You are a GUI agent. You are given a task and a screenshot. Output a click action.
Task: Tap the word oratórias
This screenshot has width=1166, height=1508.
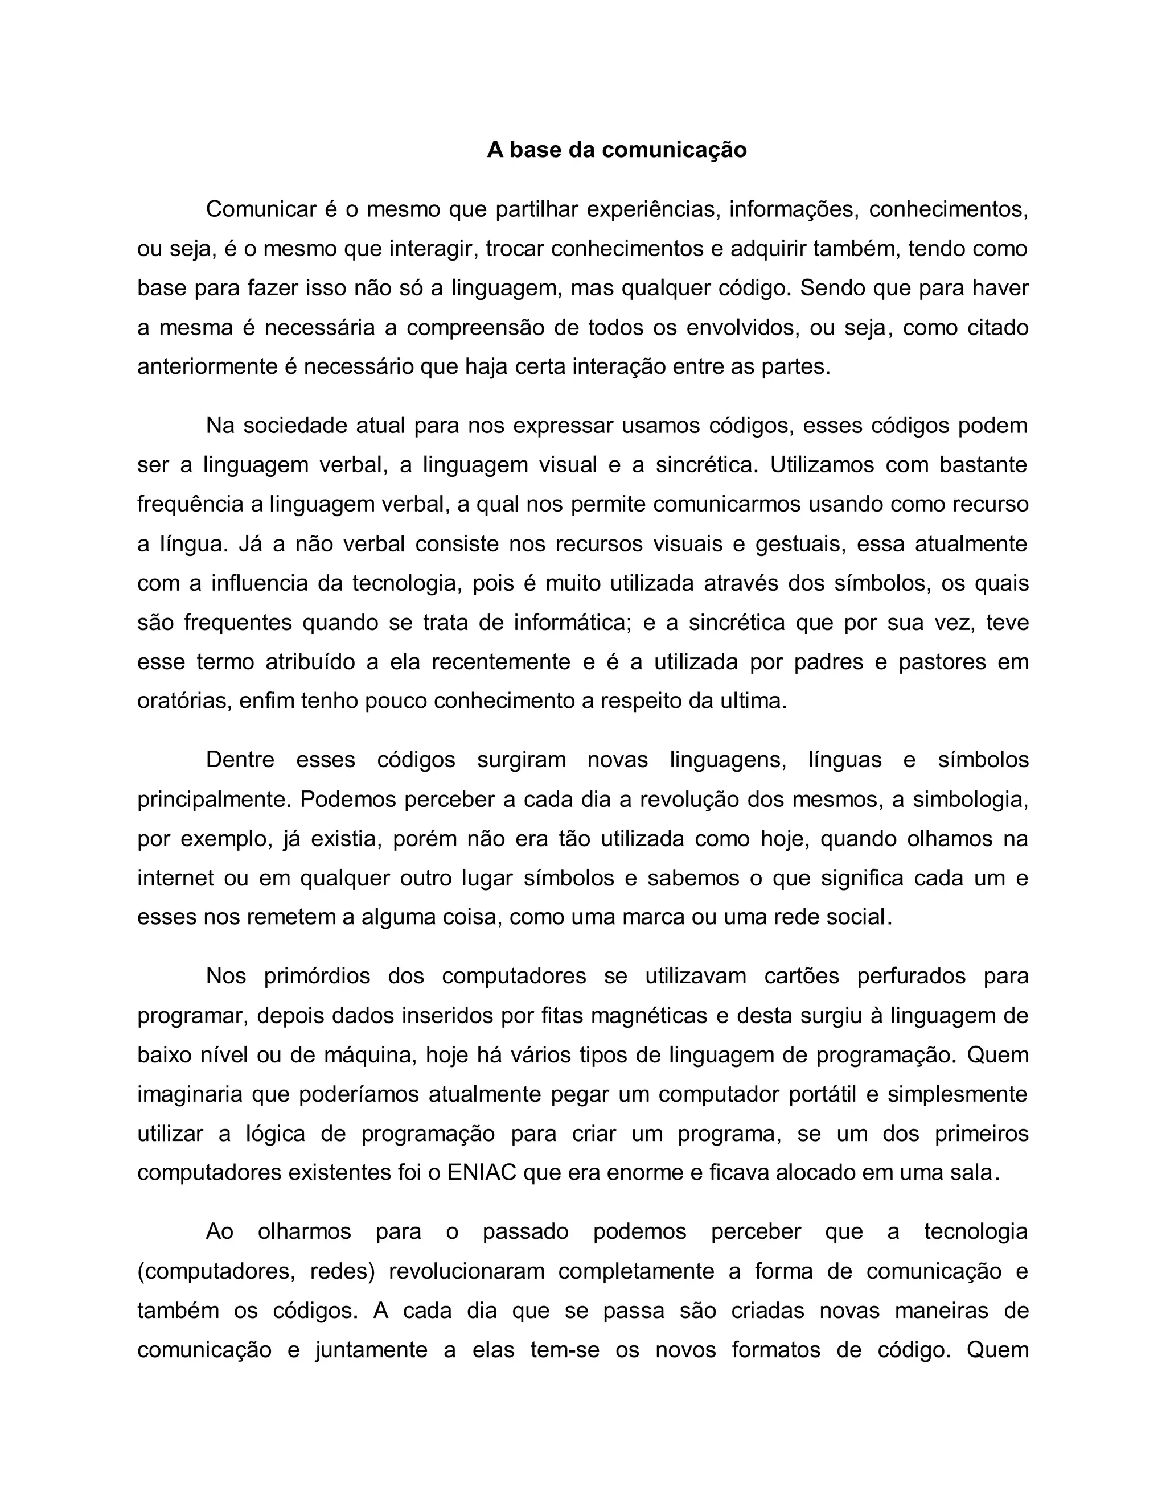point(184,702)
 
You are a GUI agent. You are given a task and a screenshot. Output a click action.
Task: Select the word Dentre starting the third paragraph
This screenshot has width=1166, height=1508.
point(240,760)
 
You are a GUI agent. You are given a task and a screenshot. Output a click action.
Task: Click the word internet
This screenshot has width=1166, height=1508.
point(175,878)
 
